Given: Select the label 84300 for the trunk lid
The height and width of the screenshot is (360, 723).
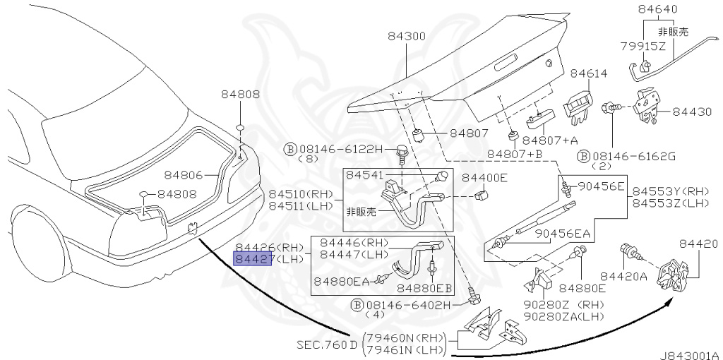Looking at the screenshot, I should [405, 36].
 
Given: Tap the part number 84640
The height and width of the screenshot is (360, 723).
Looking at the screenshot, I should [657, 10].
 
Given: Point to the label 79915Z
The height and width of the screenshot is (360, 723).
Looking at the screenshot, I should [643, 46].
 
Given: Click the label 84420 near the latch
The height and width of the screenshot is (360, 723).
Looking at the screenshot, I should [698, 244].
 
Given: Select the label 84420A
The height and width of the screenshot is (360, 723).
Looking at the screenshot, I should [623, 276].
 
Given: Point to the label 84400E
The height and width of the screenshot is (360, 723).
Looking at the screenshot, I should [484, 178].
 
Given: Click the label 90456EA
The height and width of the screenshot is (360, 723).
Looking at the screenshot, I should [562, 234].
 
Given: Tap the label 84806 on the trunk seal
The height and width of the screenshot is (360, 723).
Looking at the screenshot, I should [184, 174].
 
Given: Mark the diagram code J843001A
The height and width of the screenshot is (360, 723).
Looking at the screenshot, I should [690, 354].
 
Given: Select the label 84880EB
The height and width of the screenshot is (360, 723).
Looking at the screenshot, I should [424, 288].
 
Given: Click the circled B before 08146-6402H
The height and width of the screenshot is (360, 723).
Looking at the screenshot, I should [357, 305].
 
